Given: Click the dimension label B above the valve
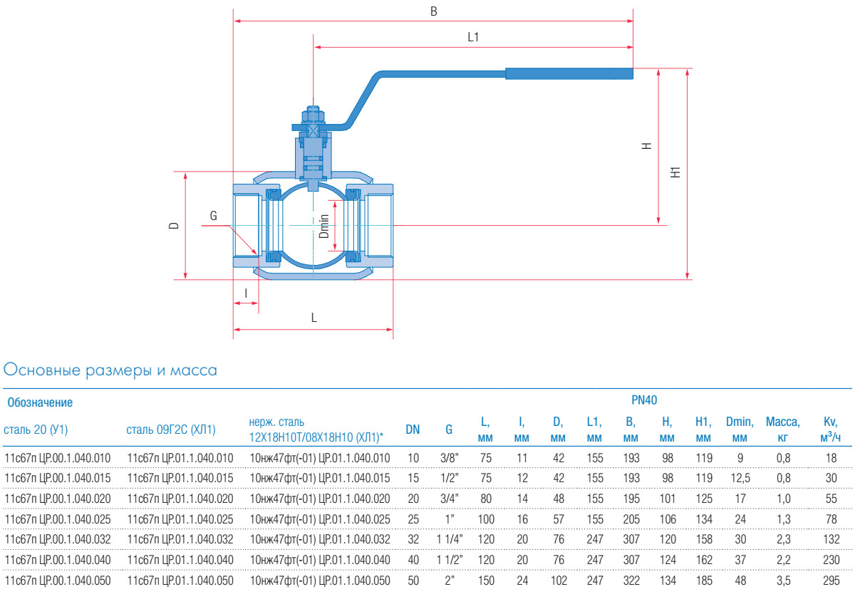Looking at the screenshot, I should tap(433, 11).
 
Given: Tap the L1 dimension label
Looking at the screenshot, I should tap(473, 37).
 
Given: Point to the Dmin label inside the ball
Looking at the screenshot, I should tap(323, 226).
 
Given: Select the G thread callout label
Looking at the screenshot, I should tap(213, 215).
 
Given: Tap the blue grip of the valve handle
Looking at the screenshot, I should tap(569, 73).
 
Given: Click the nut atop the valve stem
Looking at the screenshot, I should tap(313, 115).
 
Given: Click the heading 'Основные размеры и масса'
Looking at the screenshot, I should tap(110, 370).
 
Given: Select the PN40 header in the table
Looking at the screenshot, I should tap(644, 400).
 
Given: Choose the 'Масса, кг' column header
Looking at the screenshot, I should tap(782, 429).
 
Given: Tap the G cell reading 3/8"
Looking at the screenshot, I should tap(449, 457).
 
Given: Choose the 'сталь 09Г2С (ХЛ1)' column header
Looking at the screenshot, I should tap(171, 429).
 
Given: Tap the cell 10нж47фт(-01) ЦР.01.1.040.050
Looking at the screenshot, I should tap(320, 581).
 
